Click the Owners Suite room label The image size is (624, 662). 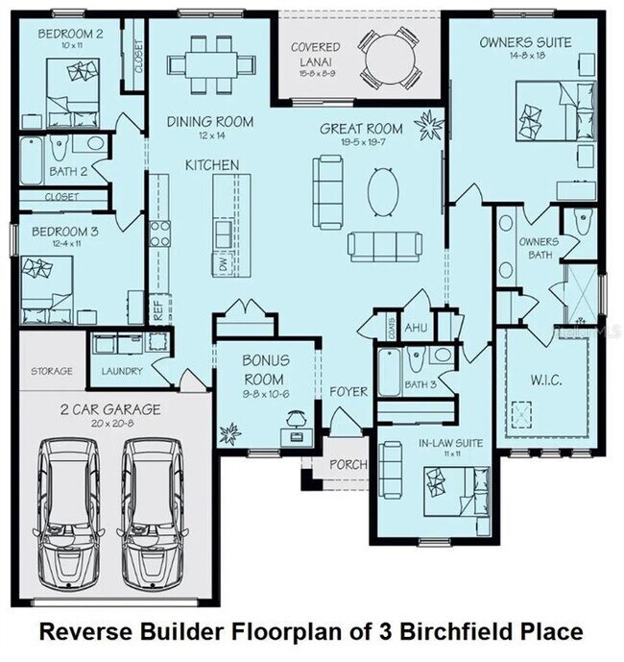(525, 42)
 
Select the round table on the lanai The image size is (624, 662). (392, 57)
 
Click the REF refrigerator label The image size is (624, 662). (157, 308)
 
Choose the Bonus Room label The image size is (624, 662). (265, 367)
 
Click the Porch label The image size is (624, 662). (348, 464)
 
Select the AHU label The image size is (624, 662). (415, 328)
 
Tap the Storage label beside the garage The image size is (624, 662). (51, 371)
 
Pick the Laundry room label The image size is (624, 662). (122, 371)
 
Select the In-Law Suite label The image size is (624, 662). (451, 443)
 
